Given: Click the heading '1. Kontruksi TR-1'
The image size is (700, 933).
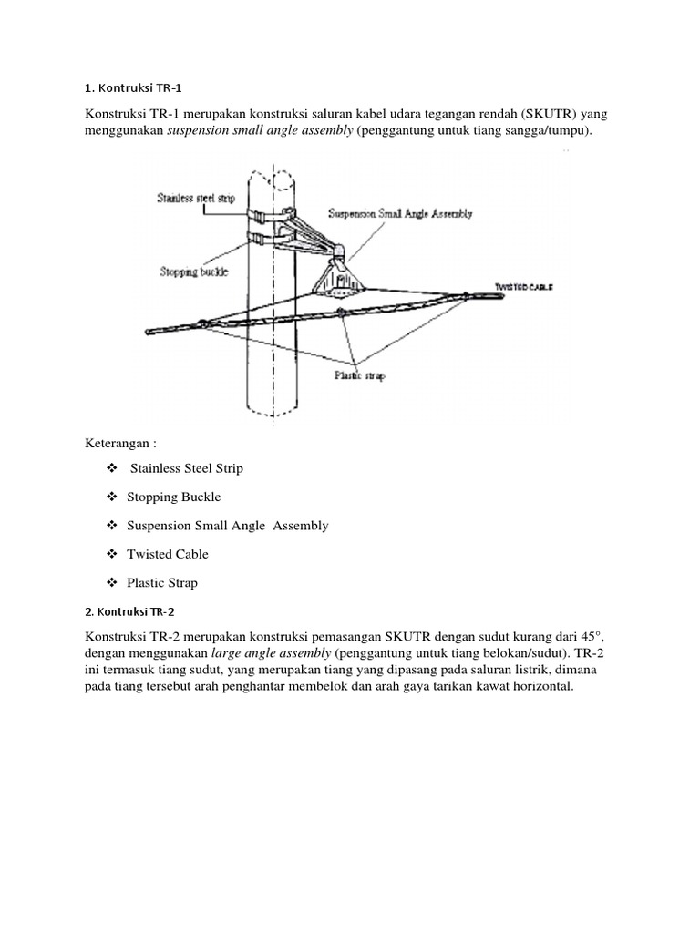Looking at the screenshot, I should tap(134, 88).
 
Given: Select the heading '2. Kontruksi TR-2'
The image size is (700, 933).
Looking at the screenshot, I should tap(134, 610).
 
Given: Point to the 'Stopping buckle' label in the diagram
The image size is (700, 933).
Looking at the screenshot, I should tap(192, 272).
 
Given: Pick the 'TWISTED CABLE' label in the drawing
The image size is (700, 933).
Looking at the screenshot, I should tap(524, 287).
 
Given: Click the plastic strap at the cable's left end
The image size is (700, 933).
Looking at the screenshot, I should tap(201, 322).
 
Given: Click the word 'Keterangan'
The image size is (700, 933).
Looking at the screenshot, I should tap(121, 443).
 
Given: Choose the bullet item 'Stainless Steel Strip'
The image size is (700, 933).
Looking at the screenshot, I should tap(187, 468).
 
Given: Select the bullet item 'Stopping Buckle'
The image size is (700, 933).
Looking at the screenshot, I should tap(175, 497).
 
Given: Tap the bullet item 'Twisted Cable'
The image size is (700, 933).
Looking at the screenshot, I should tap(169, 554).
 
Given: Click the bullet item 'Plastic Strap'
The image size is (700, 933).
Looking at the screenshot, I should tap(163, 582).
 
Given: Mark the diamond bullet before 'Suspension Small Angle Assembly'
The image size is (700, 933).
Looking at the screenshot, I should tap(112, 526).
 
